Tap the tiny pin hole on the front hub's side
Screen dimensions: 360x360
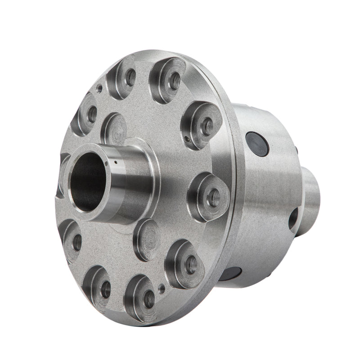click(116, 162)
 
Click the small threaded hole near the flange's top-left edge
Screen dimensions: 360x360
click(99, 89)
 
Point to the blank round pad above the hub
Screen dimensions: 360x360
click(114, 130)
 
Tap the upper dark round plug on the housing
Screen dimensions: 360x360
click(257, 144)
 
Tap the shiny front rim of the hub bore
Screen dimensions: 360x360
click(72, 198)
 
